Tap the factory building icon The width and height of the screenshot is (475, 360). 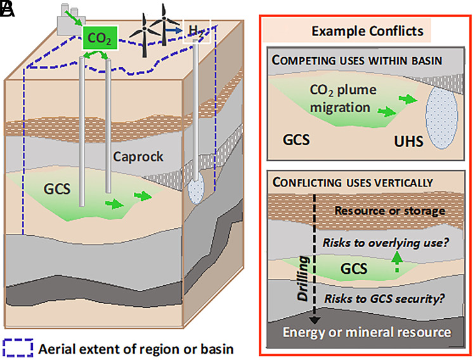(x=68, y=20)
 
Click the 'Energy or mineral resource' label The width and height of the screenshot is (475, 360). (x=367, y=332)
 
